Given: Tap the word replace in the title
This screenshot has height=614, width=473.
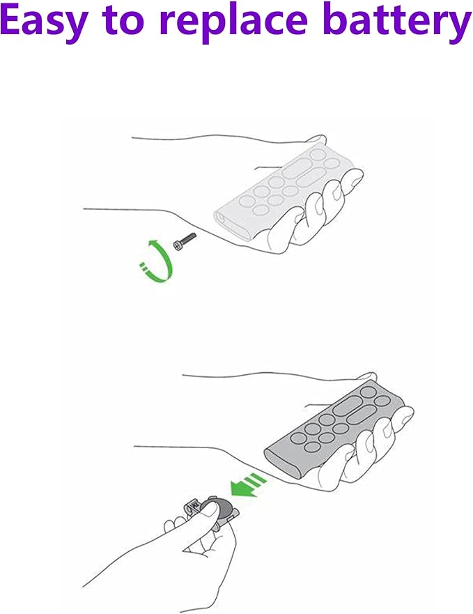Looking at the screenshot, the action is [x=234, y=22].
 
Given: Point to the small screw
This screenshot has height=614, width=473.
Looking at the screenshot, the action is [x=185, y=242].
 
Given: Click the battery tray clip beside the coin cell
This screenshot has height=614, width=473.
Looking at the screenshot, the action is [x=192, y=508].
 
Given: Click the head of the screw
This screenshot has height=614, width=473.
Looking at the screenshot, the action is [x=177, y=246].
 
